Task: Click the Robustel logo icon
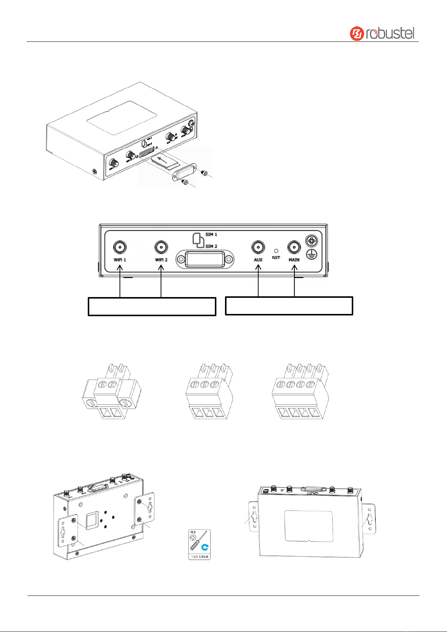357,33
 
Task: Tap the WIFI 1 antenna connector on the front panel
120,247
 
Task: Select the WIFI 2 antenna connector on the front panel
161,247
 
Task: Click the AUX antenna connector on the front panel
258,247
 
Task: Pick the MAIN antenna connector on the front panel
294,247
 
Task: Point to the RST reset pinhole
276,251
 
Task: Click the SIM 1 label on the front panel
211,234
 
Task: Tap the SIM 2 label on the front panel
211,246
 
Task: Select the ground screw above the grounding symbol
311,240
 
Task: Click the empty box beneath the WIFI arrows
152,306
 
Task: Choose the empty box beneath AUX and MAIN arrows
289,306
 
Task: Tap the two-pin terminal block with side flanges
111,392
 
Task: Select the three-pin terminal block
209,392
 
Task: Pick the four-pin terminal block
300,392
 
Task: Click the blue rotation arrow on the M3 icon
205,547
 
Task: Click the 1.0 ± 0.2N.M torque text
199,557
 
